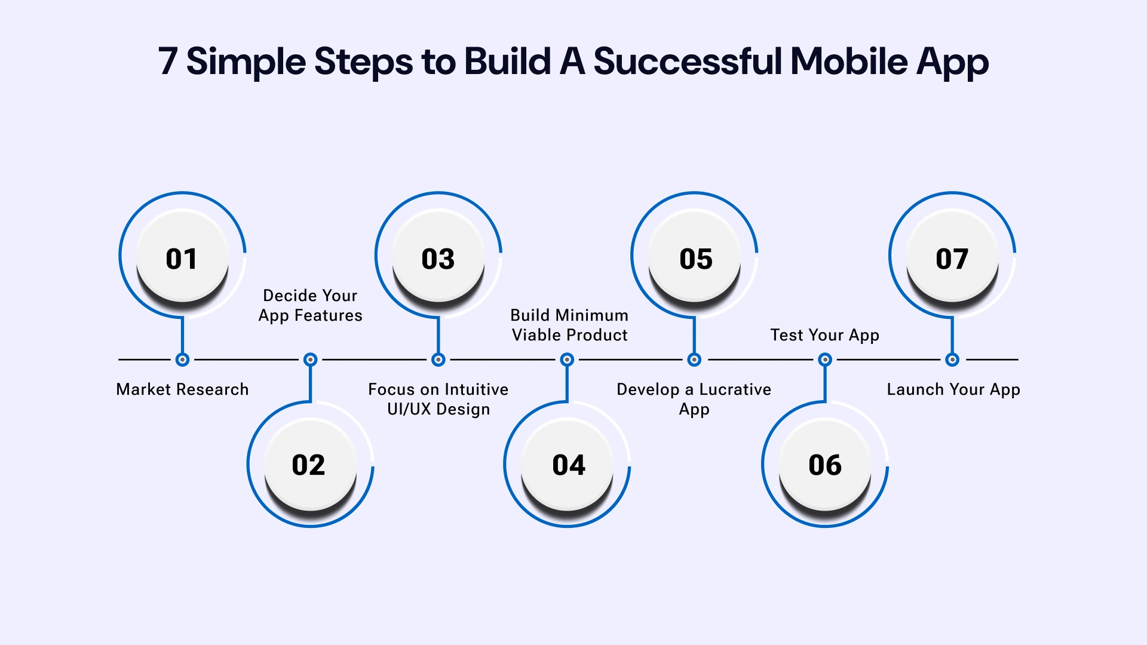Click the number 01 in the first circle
coord(182,259)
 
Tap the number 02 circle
coord(309,465)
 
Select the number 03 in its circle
coord(438,259)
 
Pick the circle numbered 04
coord(568,465)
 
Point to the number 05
coord(696,259)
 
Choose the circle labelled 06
coord(825,465)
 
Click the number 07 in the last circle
coord(952,259)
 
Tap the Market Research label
coord(182,389)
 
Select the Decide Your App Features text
coord(310,305)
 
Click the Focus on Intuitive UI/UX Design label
coord(438,399)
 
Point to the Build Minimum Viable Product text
coord(569,325)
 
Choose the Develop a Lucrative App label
coord(694,399)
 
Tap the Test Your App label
coord(824,335)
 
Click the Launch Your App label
coord(953,389)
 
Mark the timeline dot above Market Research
coord(183,360)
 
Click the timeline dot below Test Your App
coord(825,360)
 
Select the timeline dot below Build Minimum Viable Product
coord(568,360)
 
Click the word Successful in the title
coord(688,62)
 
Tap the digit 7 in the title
coord(168,62)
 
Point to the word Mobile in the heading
coord(849,62)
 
